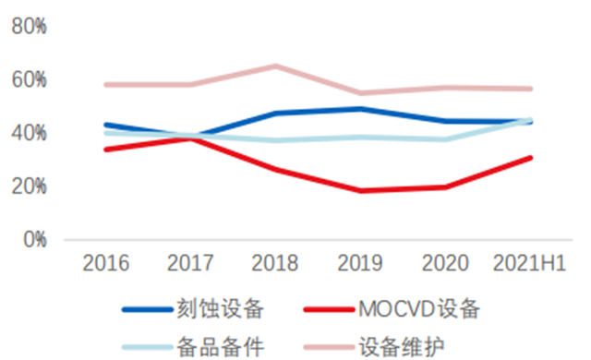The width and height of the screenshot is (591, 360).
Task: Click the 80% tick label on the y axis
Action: tap(29, 27)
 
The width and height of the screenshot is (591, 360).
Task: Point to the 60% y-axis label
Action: tap(29, 79)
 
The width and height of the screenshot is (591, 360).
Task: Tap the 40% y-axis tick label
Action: tap(29, 133)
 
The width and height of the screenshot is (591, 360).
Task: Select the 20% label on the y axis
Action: tap(29, 186)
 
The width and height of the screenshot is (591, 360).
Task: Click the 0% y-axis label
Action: tap(35, 240)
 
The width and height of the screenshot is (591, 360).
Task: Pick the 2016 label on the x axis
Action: tap(106, 263)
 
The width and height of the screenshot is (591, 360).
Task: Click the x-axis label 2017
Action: tap(190, 263)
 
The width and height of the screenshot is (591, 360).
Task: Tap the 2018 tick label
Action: tap(275, 263)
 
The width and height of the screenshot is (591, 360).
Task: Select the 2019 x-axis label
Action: tap(360, 263)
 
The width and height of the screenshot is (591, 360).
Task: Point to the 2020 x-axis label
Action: tap(445, 263)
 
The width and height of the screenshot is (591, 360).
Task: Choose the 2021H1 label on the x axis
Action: tap(529, 263)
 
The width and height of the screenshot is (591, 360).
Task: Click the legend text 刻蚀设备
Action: tap(220, 309)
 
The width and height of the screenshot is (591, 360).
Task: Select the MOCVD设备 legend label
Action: tap(419, 309)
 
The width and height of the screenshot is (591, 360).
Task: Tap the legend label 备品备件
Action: tap(220, 346)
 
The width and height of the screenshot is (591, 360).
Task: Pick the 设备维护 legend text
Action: tap(402, 346)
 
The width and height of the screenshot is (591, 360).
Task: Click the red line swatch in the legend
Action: tap(330, 310)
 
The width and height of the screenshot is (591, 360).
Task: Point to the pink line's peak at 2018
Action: tap(275, 66)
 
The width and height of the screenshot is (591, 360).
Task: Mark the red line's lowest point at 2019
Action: tap(361, 190)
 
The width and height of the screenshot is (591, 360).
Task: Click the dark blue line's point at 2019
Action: tap(361, 109)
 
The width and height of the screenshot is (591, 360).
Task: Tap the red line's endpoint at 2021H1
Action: tap(530, 158)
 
